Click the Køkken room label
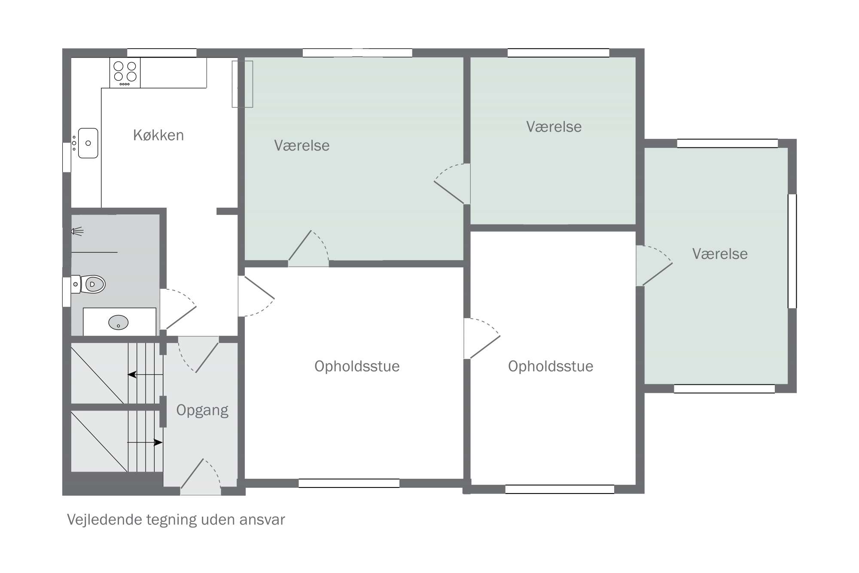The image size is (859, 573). click(x=158, y=135)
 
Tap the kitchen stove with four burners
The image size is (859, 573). click(x=125, y=73)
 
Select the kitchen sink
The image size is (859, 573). click(x=88, y=143)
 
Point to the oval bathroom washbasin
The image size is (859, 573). click(x=119, y=322)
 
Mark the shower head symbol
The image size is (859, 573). click(x=77, y=232)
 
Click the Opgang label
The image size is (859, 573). click(x=202, y=411)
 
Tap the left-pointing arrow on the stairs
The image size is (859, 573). click(x=145, y=374)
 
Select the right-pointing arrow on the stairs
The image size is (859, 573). click(x=145, y=442)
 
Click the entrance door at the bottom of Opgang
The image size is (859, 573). click(x=201, y=477)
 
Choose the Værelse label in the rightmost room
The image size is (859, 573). click(x=720, y=254)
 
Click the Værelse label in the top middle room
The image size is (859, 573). click(x=554, y=126)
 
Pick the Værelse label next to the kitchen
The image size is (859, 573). click(x=302, y=145)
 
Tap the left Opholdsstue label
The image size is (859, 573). click(x=357, y=366)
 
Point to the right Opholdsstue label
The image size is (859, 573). click(x=551, y=366)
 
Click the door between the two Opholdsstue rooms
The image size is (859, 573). click(x=482, y=338)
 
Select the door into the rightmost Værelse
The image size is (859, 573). click(x=654, y=266)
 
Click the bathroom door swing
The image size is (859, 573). click(x=178, y=309)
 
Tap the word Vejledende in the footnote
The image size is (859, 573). click(x=104, y=520)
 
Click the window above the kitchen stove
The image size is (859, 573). click(x=162, y=53)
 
